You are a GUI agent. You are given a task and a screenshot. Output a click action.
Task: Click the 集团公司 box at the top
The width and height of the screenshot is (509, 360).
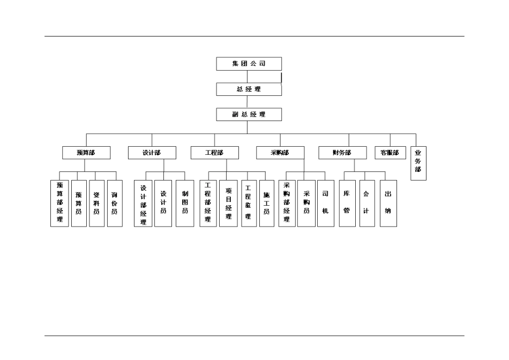(x=249, y=64)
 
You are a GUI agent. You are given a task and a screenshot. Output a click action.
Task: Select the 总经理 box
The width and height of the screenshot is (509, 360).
(x=249, y=89)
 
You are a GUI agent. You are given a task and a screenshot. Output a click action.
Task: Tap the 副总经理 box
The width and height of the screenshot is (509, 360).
(x=249, y=114)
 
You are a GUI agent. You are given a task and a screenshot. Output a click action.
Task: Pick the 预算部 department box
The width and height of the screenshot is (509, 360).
(x=86, y=153)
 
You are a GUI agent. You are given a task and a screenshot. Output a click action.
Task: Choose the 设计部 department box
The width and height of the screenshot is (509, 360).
(x=152, y=153)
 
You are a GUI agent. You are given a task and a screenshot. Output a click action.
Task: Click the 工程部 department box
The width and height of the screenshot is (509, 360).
(x=214, y=153)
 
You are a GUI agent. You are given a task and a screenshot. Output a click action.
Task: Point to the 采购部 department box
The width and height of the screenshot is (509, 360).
(x=280, y=153)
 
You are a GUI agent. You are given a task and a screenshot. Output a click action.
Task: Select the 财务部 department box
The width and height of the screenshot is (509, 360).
(x=342, y=153)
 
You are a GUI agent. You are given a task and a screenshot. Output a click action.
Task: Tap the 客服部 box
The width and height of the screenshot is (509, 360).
(x=390, y=153)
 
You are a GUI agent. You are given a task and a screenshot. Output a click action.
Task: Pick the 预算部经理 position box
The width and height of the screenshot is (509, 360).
(x=60, y=203)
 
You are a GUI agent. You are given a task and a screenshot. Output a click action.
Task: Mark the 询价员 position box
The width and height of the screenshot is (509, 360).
(x=115, y=203)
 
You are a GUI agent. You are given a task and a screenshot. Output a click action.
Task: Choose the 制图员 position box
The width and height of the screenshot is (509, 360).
(x=185, y=203)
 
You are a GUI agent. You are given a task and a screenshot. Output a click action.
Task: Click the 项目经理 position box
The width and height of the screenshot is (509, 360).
(x=228, y=203)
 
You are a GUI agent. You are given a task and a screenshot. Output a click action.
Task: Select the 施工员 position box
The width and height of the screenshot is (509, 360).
(x=266, y=203)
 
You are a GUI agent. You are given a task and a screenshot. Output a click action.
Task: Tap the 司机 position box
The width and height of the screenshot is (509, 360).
(x=325, y=203)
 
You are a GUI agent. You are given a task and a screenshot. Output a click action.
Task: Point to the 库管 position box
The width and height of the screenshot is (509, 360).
(x=347, y=203)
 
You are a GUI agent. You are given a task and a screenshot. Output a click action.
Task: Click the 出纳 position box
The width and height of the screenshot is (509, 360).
(x=388, y=203)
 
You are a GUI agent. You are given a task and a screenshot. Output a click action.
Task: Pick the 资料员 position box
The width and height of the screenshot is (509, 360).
(x=96, y=203)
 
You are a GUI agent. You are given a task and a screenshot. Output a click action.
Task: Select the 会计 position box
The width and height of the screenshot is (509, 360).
(x=367, y=203)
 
